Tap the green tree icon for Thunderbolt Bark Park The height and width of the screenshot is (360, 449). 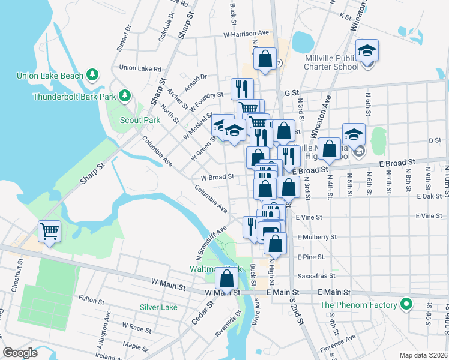coord(125,95)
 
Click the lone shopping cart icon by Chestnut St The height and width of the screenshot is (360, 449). coord(49,230)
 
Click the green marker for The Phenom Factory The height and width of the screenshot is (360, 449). coord(406,305)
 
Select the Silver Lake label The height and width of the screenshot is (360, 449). coord(158,307)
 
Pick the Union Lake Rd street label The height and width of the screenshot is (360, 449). coord(140,68)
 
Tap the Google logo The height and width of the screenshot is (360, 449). coord(20,353)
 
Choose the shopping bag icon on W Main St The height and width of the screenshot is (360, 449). coord(226,278)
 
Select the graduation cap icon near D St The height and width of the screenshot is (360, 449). coord(354,134)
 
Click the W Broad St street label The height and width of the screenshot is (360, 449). coord(217,178)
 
